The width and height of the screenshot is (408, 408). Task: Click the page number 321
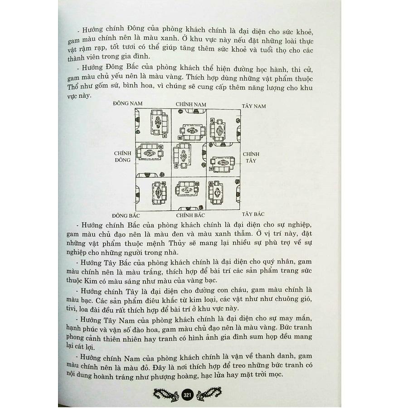click(x=187, y=395)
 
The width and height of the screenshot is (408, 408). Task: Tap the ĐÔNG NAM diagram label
click(x=128, y=103)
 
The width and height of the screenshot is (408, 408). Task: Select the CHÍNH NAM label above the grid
click(x=191, y=104)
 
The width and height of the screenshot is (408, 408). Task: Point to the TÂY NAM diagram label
click(x=254, y=106)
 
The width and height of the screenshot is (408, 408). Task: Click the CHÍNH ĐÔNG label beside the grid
click(x=122, y=157)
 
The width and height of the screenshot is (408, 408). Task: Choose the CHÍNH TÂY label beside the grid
click(x=251, y=157)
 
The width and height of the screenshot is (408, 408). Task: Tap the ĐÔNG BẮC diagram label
click(x=126, y=216)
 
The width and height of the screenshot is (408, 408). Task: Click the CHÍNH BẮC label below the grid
click(x=190, y=215)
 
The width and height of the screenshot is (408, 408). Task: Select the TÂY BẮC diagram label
click(x=253, y=214)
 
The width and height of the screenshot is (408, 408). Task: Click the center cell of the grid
click(x=189, y=160)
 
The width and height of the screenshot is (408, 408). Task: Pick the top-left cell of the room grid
click(x=153, y=126)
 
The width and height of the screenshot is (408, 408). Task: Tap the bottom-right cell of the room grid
click(x=223, y=194)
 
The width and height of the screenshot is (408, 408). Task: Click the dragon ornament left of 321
click(x=166, y=394)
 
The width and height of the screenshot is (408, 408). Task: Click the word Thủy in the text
click(x=177, y=243)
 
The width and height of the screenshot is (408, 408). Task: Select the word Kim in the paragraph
click(x=90, y=281)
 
